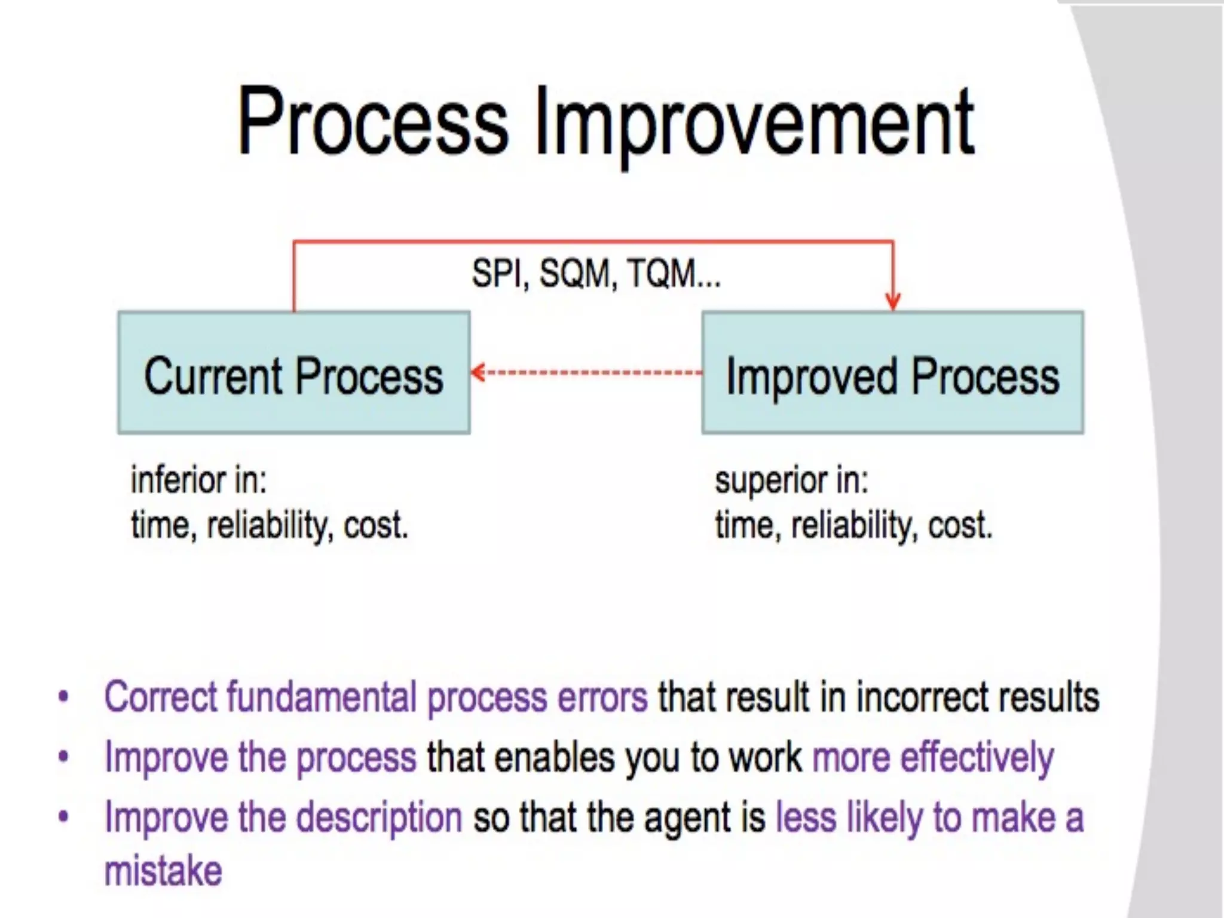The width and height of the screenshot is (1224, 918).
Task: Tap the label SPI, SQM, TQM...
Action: pyautogui.click(x=596, y=274)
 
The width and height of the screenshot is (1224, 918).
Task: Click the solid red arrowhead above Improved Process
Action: pyautogui.click(x=893, y=301)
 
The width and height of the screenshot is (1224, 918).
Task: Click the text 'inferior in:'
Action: pyautogui.click(x=198, y=480)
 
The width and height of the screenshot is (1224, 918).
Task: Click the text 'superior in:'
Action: pyautogui.click(x=791, y=480)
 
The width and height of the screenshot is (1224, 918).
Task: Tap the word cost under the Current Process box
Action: pyautogui.click(x=375, y=526)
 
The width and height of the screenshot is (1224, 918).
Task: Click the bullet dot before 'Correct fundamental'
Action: pyautogui.click(x=63, y=697)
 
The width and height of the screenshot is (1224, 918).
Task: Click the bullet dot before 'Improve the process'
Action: pyautogui.click(x=63, y=757)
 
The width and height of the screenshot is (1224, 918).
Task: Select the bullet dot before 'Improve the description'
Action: pyautogui.click(x=63, y=816)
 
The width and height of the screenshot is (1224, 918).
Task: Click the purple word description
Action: pyautogui.click(x=379, y=818)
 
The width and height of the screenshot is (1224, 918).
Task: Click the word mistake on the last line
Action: pyautogui.click(x=163, y=870)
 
